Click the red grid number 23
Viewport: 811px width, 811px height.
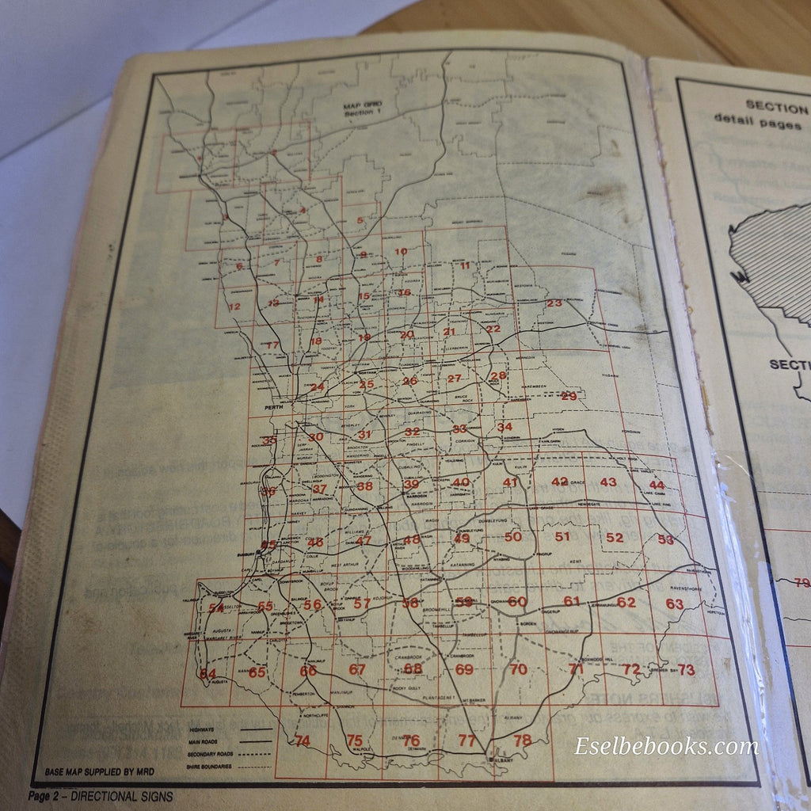[x=554, y=303]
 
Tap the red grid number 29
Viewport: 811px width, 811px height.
[x=569, y=396]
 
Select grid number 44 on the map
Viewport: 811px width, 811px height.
[x=657, y=485]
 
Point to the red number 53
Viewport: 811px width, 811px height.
[x=665, y=539]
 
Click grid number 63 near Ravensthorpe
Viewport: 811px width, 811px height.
[x=674, y=603]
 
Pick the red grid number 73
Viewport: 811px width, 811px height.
[x=686, y=670]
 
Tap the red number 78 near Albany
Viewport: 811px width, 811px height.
[x=522, y=741]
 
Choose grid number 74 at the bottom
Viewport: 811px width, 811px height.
[x=302, y=741]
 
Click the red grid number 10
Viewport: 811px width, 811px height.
[x=401, y=252]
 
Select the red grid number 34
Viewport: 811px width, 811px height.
[x=504, y=428]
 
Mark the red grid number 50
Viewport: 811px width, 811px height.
[x=513, y=537]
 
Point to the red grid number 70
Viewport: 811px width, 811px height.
[x=518, y=670]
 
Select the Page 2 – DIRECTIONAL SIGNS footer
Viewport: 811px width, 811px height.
[x=101, y=796]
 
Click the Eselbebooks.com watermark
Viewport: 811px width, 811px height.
[x=665, y=746]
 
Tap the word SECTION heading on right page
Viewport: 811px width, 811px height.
[x=776, y=106]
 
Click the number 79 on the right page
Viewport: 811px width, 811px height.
[x=801, y=584]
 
